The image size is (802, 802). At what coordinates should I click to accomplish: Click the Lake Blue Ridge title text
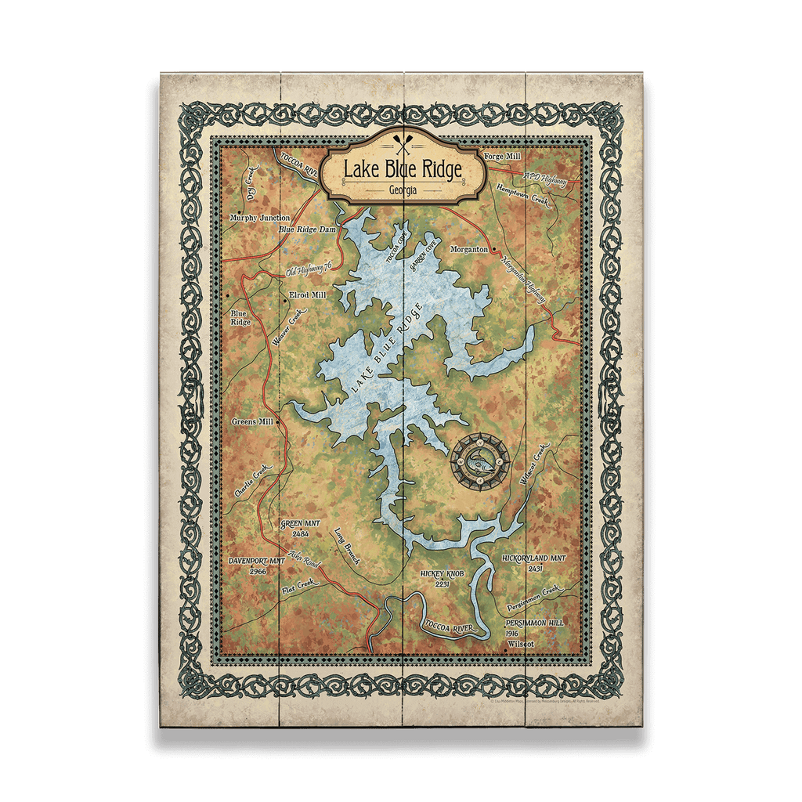click(401, 168)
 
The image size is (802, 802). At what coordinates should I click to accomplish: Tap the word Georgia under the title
click(401, 190)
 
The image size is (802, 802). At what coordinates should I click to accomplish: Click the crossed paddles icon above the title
click(401, 145)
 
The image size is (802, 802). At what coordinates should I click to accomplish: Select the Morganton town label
click(470, 249)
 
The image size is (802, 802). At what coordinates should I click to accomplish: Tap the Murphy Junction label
click(259, 218)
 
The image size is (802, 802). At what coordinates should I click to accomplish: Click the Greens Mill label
click(251, 421)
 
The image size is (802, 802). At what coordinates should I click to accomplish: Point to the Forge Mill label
click(503, 157)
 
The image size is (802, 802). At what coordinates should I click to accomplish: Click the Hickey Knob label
click(443, 574)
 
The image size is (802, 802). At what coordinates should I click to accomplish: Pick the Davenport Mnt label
click(256, 562)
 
